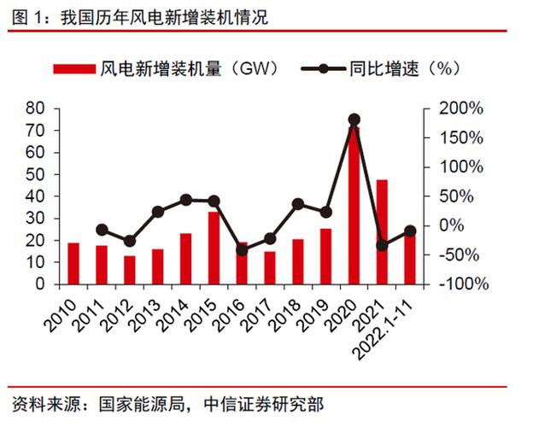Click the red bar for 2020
click(354, 205)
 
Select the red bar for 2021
click(382, 231)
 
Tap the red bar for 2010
click(73, 263)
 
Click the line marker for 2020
click(354, 120)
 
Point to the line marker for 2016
click(242, 250)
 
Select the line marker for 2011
click(102, 230)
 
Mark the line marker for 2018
click(297, 204)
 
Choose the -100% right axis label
click(465, 284)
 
